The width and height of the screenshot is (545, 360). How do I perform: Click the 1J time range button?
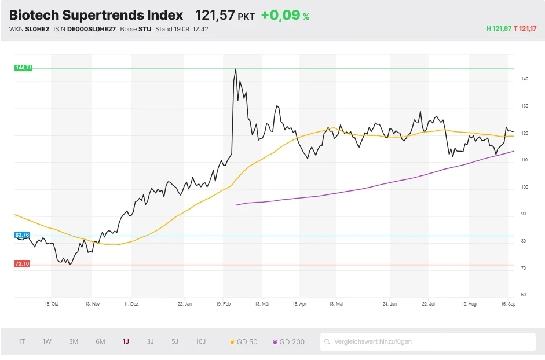126,341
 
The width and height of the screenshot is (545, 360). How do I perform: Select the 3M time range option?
74,341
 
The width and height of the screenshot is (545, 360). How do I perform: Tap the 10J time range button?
200,341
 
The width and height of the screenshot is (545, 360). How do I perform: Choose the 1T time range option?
21,341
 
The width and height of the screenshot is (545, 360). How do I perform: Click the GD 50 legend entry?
244,341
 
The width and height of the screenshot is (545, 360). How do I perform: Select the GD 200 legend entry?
288,341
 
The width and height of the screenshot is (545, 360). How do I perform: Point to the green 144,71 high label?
23,68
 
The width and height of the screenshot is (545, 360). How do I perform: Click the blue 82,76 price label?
22,235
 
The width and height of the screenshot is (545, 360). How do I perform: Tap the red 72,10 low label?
22,264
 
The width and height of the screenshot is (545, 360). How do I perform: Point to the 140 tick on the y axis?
524,79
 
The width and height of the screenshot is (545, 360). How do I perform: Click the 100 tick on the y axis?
524,187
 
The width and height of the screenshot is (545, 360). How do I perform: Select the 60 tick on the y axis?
524,295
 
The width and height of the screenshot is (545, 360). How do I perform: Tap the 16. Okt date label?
52,303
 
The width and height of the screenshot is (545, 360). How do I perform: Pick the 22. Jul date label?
429,303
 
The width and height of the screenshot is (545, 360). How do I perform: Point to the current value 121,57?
215,16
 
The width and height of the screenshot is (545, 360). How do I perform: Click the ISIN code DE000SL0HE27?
92,29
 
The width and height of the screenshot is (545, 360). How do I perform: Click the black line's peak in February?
236,69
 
